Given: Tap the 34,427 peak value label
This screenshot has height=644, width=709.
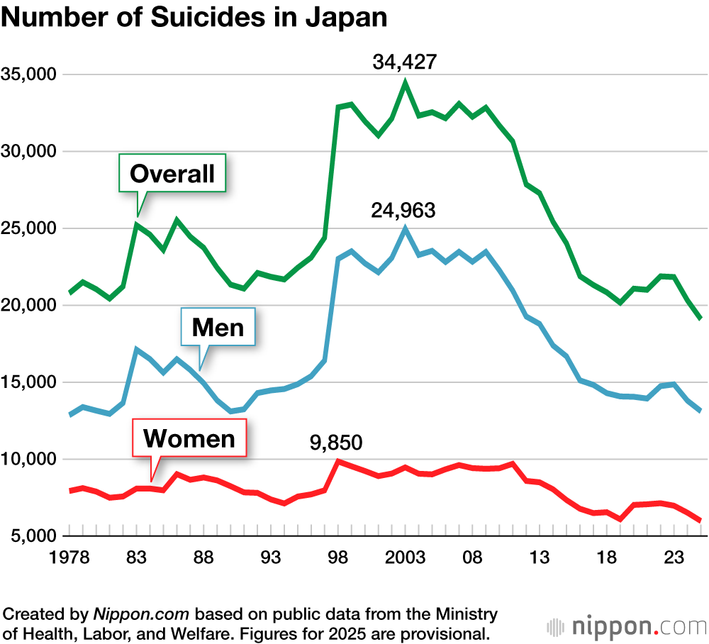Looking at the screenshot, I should tap(404, 62).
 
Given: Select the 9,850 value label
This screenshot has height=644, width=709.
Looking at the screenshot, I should tap(335, 443).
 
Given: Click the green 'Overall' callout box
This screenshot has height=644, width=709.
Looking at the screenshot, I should tap(172, 173).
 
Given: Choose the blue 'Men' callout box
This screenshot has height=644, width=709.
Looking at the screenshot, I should tap(218, 327).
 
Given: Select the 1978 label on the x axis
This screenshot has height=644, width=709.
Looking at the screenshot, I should tap(69, 557).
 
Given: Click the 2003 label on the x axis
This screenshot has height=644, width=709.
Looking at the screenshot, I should tap(404, 557).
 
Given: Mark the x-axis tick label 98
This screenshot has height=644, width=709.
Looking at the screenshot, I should tap(337, 557).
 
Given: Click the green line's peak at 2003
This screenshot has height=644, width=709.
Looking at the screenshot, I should tap(405, 82).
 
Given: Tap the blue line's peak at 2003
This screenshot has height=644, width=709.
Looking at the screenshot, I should tap(405, 228).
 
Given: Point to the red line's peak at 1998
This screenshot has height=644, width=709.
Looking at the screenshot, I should tap(338, 461).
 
